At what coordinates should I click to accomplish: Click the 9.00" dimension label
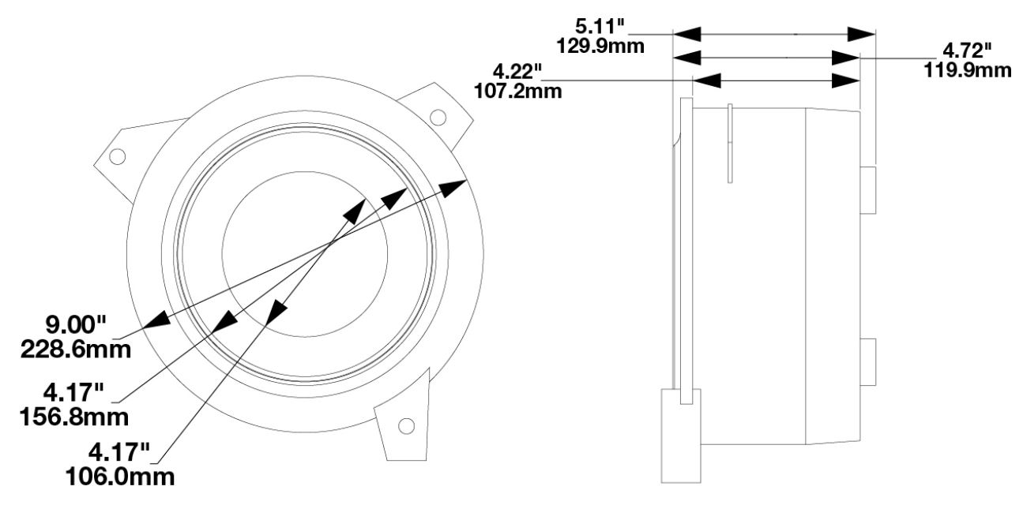coord(76,325)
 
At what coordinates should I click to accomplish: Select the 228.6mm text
coord(76,350)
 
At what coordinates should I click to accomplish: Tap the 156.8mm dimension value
coord(74,417)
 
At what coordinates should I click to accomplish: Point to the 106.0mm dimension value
coord(120,477)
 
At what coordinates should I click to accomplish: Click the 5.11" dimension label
coord(599,26)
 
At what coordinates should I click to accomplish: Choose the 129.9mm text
coord(600,46)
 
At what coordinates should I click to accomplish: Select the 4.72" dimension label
coord(967,50)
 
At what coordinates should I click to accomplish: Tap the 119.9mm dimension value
coord(968,70)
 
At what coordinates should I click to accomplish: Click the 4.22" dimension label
coord(517,72)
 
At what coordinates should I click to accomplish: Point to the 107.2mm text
coord(518,92)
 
